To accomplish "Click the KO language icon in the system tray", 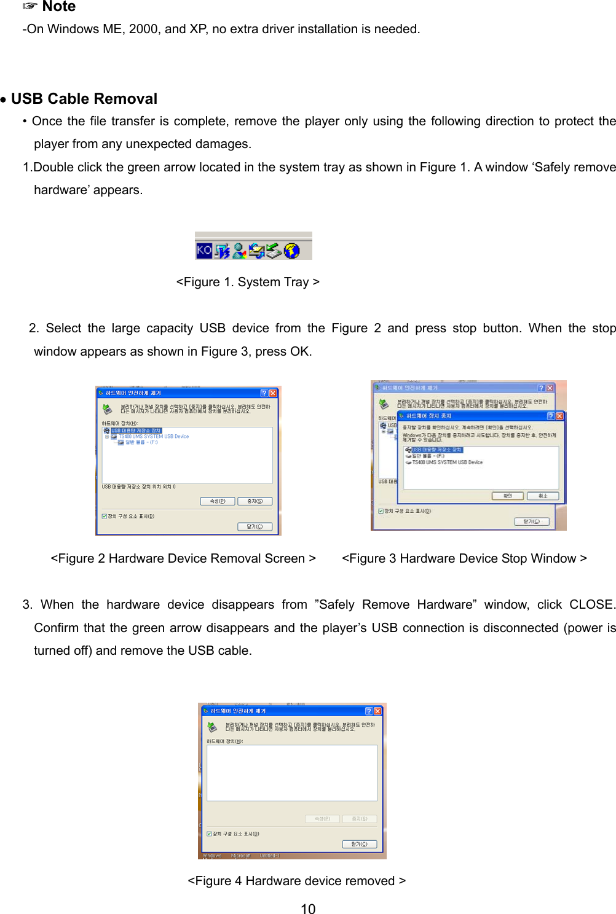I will [x=204, y=250].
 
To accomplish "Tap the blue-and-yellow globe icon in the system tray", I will [x=292, y=251].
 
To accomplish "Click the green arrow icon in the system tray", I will [x=274, y=250].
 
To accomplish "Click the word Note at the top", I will [x=59, y=7].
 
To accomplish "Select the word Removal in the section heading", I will [x=126, y=99].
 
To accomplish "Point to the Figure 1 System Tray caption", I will [x=248, y=282].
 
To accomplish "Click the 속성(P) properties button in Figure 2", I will [x=218, y=501].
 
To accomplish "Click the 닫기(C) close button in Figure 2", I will [x=255, y=526].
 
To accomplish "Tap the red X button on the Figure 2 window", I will [x=273, y=393].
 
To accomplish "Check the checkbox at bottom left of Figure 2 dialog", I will [x=105, y=516].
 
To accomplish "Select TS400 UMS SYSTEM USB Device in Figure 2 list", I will [x=153, y=437].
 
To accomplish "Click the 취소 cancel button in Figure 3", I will [x=543, y=496].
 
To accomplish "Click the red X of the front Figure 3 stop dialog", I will [x=559, y=416].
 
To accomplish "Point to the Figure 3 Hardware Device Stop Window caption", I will [x=464, y=558].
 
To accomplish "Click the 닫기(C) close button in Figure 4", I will [x=359, y=844].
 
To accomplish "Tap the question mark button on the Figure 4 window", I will [x=369, y=711].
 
